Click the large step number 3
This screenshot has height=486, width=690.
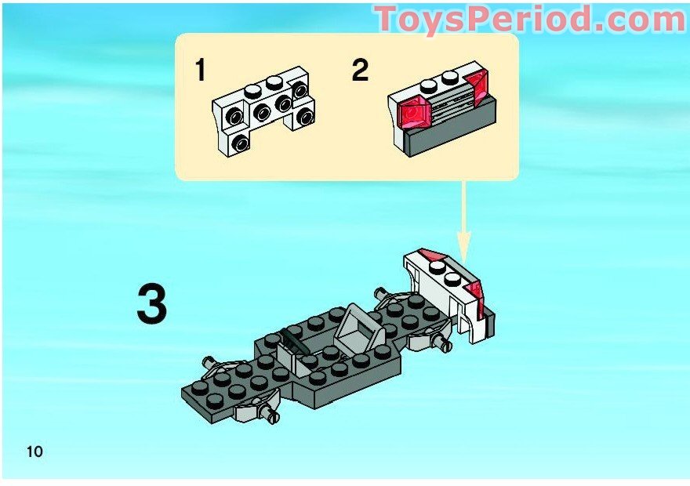(152, 303)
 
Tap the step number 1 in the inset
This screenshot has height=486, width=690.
(200, 71)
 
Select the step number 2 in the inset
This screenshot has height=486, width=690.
(360, 71)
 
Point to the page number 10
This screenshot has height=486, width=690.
(34, 452)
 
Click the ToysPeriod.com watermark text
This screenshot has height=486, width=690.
(530, 19)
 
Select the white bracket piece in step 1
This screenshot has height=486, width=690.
(263, 110)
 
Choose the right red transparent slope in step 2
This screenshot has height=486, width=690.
(477, 88)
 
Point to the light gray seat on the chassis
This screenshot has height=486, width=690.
(359, 330)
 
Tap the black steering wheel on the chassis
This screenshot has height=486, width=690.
(296, 339)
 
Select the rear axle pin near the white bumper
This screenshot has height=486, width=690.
(441, 341)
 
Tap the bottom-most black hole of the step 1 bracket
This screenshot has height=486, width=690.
(240, 143)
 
